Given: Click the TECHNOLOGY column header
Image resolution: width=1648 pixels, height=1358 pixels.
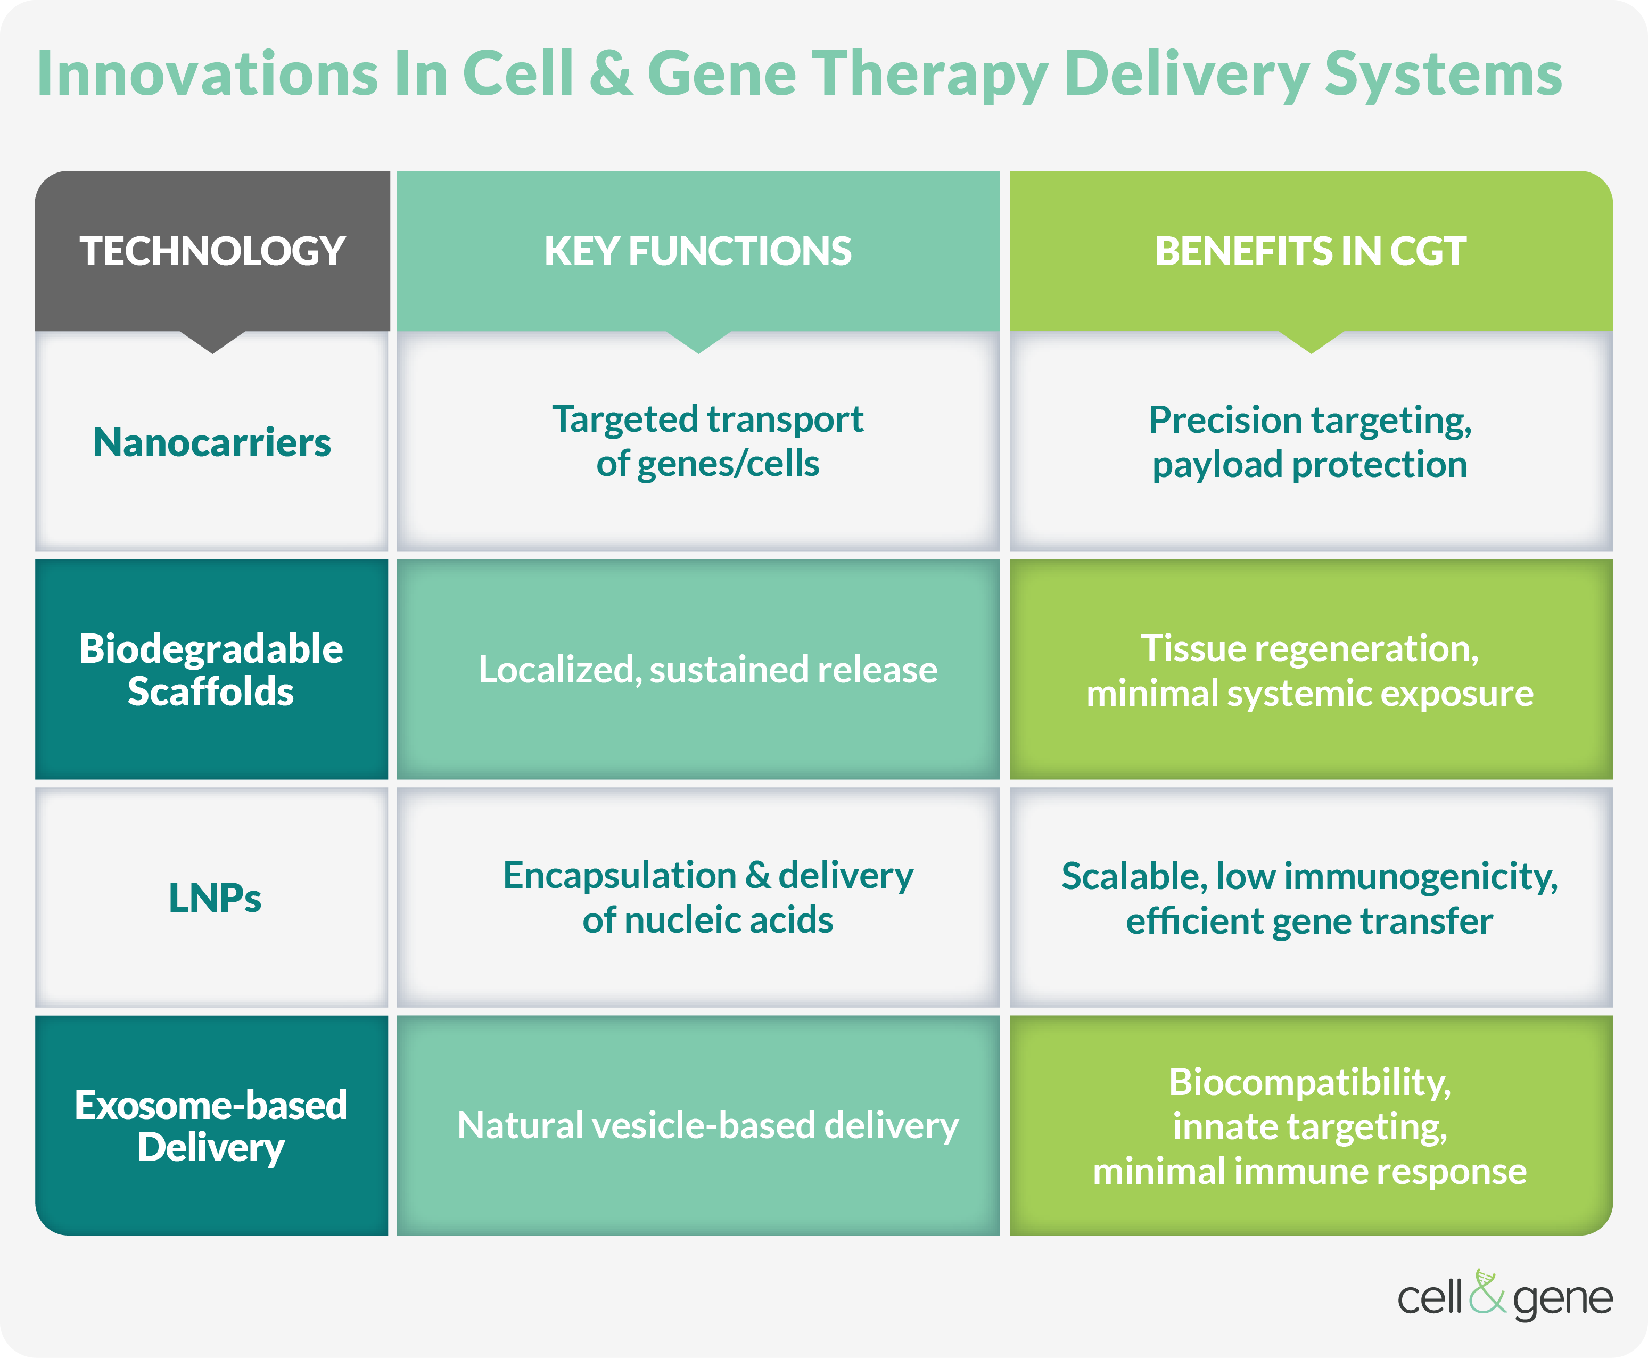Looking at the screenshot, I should pyautogui.click(x=212, y=251).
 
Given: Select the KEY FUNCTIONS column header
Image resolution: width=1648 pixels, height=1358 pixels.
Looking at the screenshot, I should pyautogui.click(x=698, y=251).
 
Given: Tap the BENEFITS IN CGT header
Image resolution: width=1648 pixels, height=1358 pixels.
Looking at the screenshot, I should pyautogui.click(x=1310, y=251).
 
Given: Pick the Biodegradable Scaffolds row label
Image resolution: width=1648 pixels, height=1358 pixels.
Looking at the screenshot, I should pyautogui.click(x=211, y=670).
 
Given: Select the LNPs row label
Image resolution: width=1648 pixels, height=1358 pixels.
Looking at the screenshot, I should pyautogui.click(x=215, y=897).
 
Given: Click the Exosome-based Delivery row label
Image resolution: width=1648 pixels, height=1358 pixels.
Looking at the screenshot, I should pyautogui.click(x=211, y=1126).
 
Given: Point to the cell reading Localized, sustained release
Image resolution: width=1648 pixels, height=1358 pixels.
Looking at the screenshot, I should pyautogui.click(x=708, y=670).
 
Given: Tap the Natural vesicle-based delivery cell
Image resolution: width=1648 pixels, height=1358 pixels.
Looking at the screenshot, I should pyautogui.click(x=708, y=1126).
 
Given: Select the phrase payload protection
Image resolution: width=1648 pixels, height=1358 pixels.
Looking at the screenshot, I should pyautogui.click(x=1310, y=465).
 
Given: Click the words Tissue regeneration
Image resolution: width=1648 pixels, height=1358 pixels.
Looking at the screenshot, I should pyautogui.click(x=1310, y=648).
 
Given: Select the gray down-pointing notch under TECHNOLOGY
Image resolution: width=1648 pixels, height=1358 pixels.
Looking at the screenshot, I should pyautogui.click(x=212, y=342).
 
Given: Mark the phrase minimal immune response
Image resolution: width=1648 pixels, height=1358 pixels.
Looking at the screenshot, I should pyautogui.click(x=1310, y=1172).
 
